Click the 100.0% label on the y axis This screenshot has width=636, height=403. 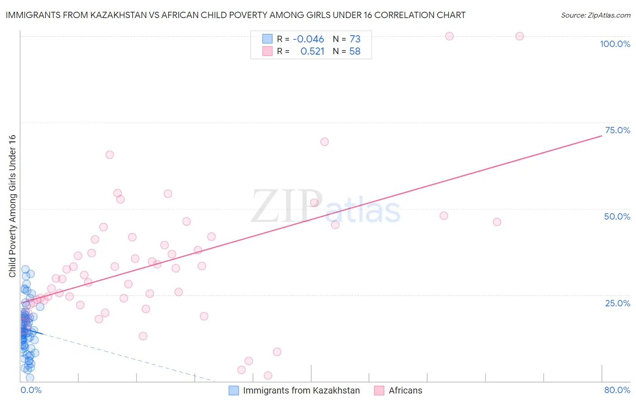615,44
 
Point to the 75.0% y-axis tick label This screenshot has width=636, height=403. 617,130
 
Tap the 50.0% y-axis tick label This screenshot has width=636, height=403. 617,216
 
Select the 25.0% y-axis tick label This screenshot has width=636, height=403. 617,303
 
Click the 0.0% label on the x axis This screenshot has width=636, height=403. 31,390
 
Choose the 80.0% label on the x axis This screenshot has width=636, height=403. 617,390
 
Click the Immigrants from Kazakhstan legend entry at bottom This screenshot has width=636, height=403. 301,390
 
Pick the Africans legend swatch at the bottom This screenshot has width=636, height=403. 379,390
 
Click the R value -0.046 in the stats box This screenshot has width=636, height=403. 308,39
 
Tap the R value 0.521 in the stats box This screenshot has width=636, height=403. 313,52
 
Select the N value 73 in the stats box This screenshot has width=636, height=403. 355,39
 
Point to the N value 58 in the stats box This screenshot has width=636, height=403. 355,52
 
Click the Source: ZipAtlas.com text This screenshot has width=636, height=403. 595,15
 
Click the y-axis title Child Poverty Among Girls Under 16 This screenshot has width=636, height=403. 13,206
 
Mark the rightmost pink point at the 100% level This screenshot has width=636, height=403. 519,36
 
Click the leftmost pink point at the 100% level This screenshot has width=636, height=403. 449,36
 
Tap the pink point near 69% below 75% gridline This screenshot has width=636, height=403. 324,142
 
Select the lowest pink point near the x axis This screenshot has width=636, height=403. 268,375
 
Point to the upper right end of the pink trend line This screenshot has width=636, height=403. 602,135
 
